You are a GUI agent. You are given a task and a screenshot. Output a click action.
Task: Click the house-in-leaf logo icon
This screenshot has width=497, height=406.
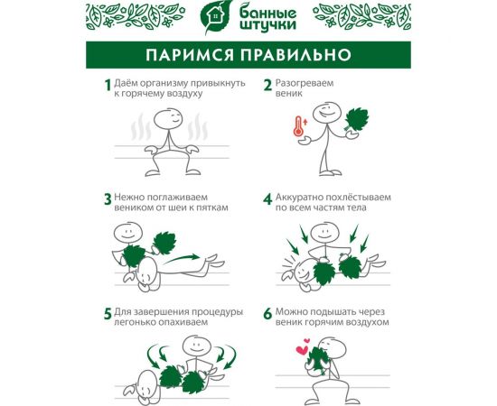pos(216,17)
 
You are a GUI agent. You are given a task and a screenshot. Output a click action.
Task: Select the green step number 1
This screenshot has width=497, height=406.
pos(108,85)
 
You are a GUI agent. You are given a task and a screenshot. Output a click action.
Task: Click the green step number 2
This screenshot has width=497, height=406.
pos(267,85)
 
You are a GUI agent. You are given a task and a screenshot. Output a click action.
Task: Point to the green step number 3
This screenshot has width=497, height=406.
pos(108,199)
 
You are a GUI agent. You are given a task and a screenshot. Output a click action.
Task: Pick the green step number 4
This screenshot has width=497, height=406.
pos(267,199)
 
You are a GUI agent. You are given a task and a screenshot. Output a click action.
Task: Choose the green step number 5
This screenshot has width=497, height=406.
pos(108,314)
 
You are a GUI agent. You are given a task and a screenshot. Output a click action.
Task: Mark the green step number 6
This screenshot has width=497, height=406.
pos(267,314)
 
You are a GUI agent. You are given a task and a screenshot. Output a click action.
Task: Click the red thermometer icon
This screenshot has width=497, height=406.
pos(298,126)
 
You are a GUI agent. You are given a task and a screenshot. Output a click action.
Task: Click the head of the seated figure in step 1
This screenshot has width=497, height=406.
pos(168,119)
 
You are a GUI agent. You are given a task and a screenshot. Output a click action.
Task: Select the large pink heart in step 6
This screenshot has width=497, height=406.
pos(302,350)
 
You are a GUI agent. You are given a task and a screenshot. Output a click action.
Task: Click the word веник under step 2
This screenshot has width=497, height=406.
pos(289,94)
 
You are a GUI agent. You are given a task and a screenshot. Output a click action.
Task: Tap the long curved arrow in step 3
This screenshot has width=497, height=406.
pos(182,259)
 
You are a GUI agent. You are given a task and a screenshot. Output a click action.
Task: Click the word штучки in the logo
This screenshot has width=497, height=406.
pos(268,24)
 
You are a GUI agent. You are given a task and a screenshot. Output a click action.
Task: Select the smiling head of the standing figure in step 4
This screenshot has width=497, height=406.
pos(325,233)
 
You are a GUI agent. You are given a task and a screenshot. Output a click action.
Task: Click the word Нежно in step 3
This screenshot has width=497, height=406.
pos(128,198)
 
